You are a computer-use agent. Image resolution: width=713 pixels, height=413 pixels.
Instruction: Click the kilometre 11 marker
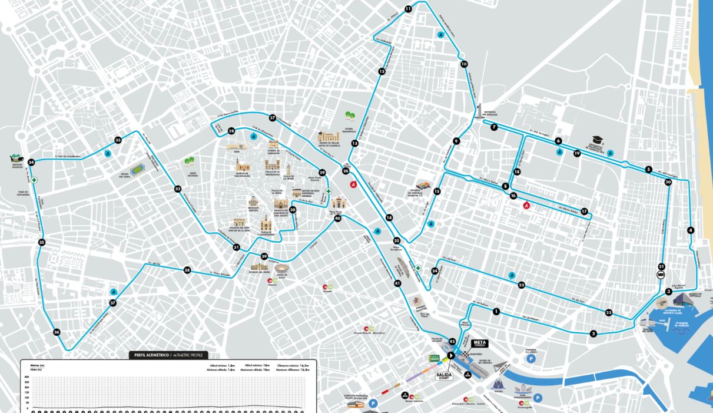[x=408, y=9]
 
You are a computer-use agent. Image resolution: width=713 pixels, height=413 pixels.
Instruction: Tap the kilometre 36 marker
[x=57, y=332]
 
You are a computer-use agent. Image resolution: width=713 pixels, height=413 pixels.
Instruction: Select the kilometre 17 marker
[x=584, y=212]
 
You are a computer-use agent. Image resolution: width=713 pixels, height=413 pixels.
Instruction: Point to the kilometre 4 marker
[x=691, y=230]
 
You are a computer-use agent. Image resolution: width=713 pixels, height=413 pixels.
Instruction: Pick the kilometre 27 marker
[x=273, y=117]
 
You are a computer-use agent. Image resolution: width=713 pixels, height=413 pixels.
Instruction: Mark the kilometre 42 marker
[x=452, y=341]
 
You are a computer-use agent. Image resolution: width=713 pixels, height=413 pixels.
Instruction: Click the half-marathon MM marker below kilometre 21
[x=661, y=275]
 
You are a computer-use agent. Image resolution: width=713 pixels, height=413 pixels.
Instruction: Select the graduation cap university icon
[x=595, y=140]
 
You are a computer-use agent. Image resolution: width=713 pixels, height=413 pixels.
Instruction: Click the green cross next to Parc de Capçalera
[x=34, y=180]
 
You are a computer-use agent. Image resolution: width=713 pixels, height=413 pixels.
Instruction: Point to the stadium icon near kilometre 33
[x=137, y=170]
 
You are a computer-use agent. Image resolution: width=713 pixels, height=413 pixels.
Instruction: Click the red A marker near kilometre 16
[x=527, y=206]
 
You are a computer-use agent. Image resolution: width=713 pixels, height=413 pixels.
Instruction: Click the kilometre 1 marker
[x=496, y=312]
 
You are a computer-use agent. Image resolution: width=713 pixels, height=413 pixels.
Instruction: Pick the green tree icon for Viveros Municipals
[x=349, y=115]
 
